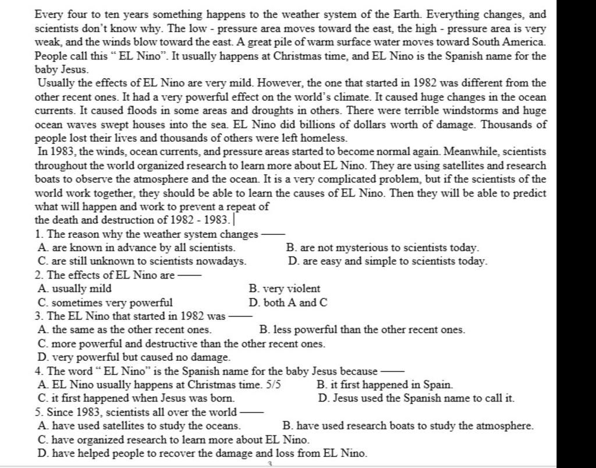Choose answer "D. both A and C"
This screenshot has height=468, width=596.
(x=288, y=302)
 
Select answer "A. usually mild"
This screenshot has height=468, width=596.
(x=74, y=288)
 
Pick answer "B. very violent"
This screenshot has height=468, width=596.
(x=284, y=288)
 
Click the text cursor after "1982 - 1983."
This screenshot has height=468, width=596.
(x=234, y=220)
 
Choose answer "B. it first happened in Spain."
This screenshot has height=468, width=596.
(x=385, y=385)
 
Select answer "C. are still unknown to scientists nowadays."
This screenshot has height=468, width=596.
(x=141, y=262)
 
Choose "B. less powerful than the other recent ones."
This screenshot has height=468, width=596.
(x=362, y=330)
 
